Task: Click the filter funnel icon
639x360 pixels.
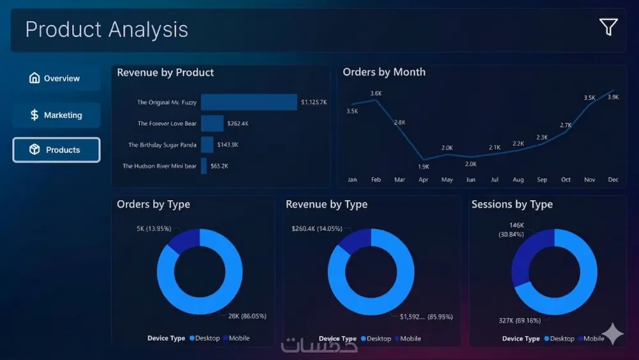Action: tap(608, 27)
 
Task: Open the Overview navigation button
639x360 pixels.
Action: tap(56, 79)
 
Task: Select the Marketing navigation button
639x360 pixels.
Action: tap(56, 115)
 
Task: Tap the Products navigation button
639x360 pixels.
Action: tap(56, 150)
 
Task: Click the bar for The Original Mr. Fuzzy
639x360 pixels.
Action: tap(249, 102)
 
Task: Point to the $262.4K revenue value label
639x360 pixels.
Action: tap(238, 123)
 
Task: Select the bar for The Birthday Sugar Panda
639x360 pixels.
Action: tap(207, 145)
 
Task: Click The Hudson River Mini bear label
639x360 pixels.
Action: tap(159, 166)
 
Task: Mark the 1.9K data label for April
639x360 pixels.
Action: tap(424, 167)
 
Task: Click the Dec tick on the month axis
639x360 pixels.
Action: tap(613, 180)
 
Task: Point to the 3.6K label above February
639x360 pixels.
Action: tap(376, 94)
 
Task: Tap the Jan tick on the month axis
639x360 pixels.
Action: tap(352, 180)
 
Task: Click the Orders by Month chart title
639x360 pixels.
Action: tap(384, 72)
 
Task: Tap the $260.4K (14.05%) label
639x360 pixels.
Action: tap(317, 228)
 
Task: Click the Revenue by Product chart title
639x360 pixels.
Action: tap(166, 73)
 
